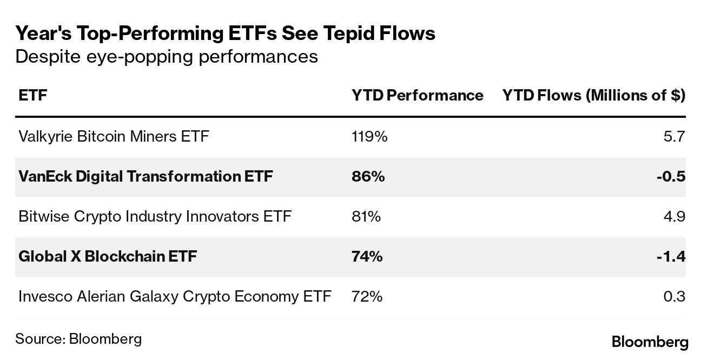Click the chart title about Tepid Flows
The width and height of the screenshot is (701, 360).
[225, 34]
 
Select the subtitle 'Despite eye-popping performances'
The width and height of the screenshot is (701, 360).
[167, 56]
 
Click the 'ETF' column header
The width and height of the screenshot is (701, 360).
[32, 96]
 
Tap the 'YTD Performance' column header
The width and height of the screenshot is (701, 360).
[417, 96]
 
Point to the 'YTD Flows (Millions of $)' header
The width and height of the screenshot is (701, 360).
[593, 96]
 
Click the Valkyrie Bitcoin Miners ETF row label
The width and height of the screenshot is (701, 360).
[114, 137]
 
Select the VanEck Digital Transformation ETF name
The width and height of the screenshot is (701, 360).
[146, 176]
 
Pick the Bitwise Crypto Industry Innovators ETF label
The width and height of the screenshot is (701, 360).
[155, 216]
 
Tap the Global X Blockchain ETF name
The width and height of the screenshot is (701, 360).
[108, 256]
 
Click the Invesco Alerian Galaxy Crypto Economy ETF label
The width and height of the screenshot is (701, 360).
[175, 296]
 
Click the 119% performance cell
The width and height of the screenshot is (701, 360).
[369, 137]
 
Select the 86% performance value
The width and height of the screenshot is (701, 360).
[368, 176]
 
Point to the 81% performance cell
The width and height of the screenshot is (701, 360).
[366, 216]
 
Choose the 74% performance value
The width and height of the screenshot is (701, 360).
[367, 256]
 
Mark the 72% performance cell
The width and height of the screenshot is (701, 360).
[367, 296]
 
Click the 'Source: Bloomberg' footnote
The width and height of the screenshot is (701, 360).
[78, 339]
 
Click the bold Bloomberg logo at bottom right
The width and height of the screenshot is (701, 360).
[650, 342]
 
